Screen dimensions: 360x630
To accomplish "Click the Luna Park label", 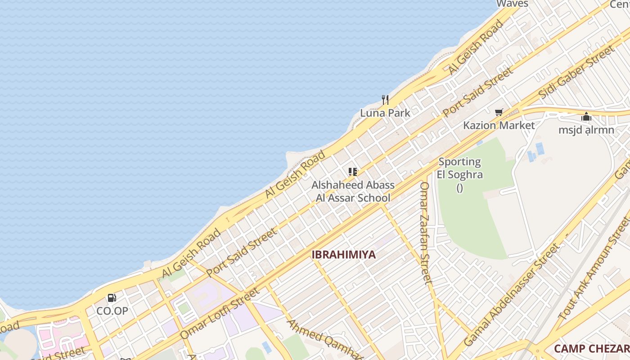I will pyautogui.click(x=385, y=113).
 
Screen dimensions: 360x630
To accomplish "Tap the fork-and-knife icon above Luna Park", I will pyautogui.click(x=385, y=99).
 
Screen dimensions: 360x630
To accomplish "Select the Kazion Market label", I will pyautogui.click(x=499, y=126).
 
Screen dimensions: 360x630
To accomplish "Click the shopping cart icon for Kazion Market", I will pyautogui.click(x=499, y=112).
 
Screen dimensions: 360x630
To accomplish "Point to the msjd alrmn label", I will pyautogui.click(x=586, y=130).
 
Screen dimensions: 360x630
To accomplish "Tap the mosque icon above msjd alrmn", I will pyautogui.click(x=586, y=117).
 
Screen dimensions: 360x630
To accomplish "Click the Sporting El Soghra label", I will pyautogui.click(x=459, y=168).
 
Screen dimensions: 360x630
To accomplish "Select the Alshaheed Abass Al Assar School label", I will pyautogui.click(x=353, y=191).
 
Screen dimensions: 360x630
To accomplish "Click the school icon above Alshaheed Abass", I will pyautogui.click(x=352, y=171).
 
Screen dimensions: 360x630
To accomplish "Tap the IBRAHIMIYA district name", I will pyautogui.click(x=344, y=255).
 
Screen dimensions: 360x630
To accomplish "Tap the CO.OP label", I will pyautogui.click(x=112, y=311).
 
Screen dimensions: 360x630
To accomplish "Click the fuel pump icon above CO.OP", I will pyautogui.click(x=112, y=297).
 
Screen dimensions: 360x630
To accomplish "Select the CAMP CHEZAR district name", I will pyautogui.click(x=591, y=349).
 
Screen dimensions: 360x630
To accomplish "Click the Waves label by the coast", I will pyautogui.click(x=512, y=4).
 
